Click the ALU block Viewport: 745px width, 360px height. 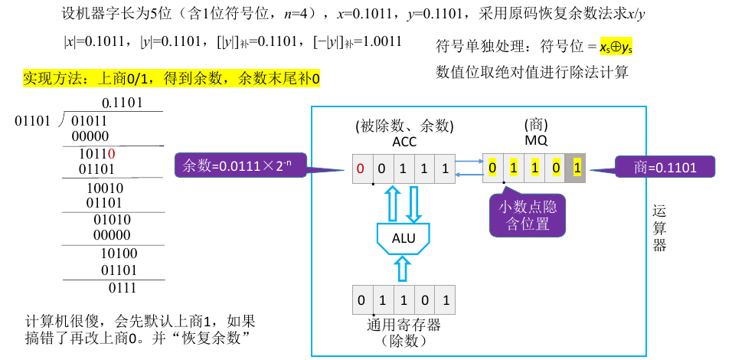[404, 238]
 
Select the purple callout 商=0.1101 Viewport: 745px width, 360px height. [665, 167]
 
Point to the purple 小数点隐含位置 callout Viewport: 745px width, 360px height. [528, 215]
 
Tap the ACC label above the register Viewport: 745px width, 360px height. [404, 141]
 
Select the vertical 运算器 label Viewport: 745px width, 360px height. [659, 227]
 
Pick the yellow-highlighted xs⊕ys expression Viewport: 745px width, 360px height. [620, 47]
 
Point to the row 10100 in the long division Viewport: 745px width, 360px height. [119, 254]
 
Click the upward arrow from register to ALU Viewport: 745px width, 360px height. [404, 270]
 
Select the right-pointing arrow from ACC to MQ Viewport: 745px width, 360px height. [467, 161]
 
